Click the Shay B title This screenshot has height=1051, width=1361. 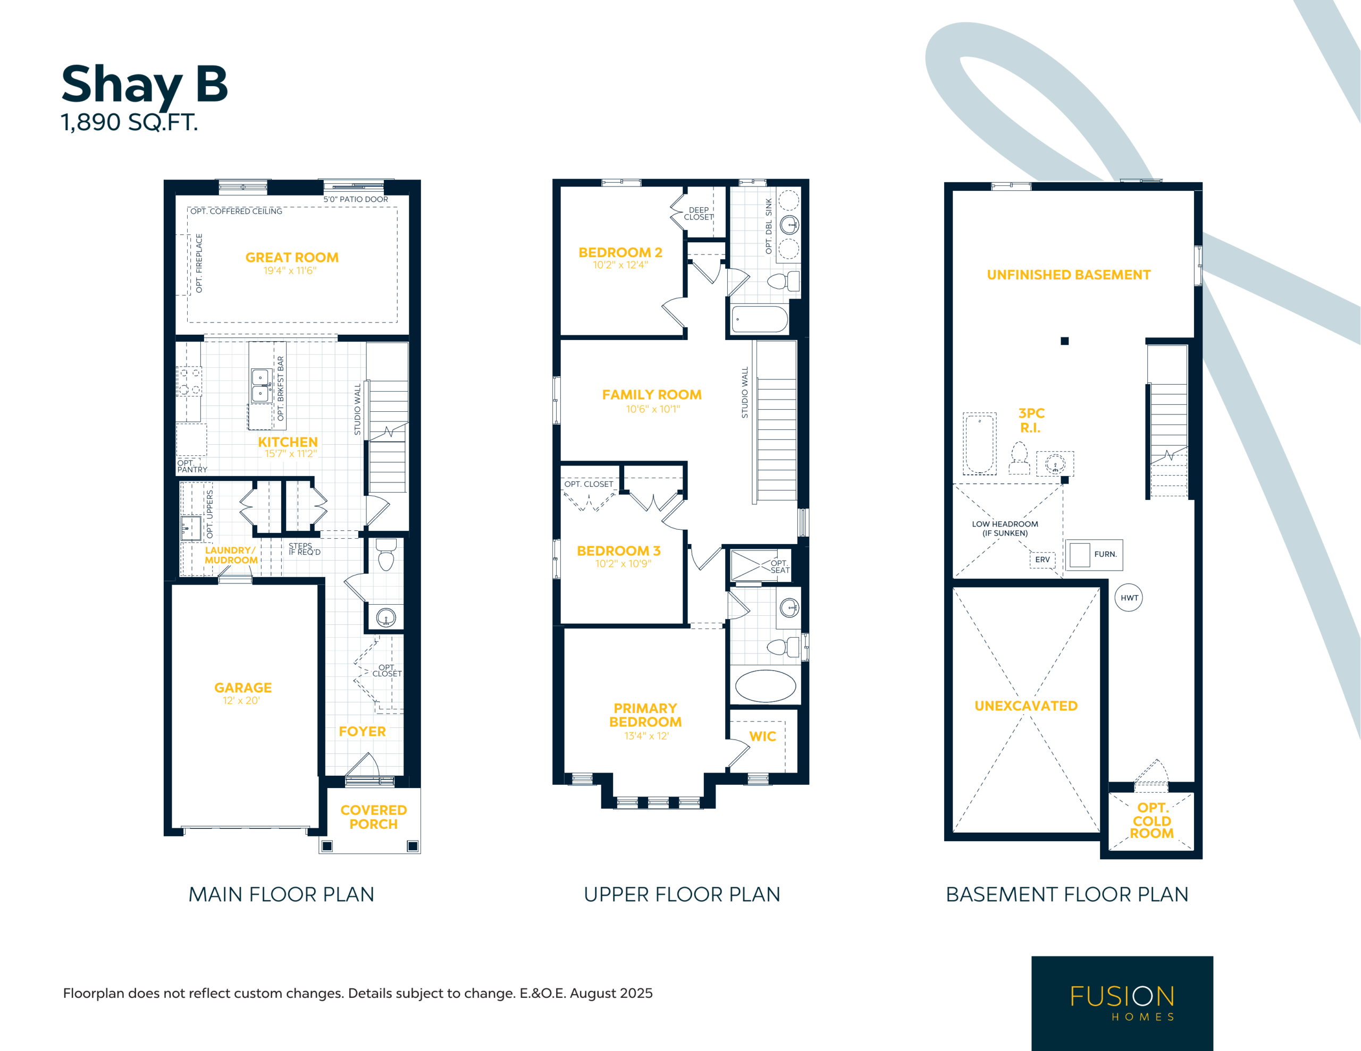coord(145,86)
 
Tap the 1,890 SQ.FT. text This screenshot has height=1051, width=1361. coord(129,123)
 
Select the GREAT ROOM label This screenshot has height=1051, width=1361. coord(292,257)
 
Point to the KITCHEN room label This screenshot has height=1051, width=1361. coord(288,442)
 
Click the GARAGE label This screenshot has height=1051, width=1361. coord(243,688)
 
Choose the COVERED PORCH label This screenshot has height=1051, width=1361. coord(373,817)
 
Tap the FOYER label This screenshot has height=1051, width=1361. coord(362,732)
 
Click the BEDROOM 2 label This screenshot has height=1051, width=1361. coord(620,252)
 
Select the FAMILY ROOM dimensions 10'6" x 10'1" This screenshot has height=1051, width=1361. coord(652,409)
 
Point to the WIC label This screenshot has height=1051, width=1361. coord(762,736)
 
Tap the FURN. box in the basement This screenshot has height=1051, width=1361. coord(1094,555)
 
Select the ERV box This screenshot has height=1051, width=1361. coord(1042,560)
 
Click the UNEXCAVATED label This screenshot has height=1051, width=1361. coord(1026,706)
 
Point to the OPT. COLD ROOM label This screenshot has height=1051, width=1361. coord(1151,820)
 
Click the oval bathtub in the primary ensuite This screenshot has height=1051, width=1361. coord(765,686)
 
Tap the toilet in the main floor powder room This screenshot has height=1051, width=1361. coord(387,555)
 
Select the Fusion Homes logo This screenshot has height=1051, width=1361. coord(1122,1003)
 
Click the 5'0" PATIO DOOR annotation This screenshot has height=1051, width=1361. coord(355,199)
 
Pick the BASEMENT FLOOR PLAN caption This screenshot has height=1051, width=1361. coord(1067,895)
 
